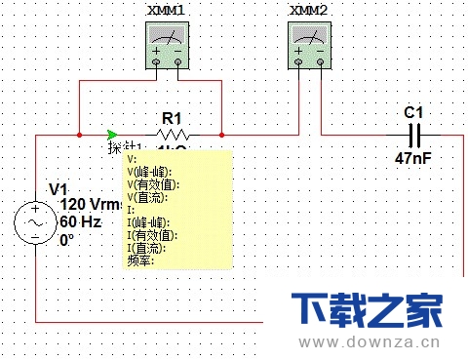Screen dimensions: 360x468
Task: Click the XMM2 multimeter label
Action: pos(308,9)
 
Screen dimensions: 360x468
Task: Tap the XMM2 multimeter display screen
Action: pos(310,36)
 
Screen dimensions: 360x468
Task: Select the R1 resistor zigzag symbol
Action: pos(173,134)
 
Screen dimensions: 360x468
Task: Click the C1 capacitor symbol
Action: pos(413,134)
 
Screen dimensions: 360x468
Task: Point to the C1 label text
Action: pos(413,114)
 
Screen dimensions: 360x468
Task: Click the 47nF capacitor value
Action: pos(413,156)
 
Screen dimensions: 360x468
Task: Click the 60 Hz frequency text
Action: pos(81,222)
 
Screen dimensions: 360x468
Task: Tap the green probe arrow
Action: pos(114,134)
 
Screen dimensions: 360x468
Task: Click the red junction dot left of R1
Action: pos(79,134)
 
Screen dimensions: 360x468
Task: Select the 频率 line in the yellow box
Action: pos(141,260)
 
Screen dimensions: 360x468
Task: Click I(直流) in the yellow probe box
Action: pos(149,247)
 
